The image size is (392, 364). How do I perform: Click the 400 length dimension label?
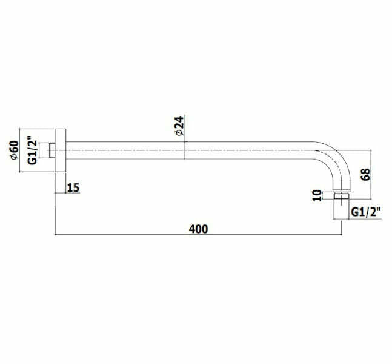click(x=198, y=229)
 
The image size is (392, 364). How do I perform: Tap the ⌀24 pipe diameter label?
click(x=179, y=126)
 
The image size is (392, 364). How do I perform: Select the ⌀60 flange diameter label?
click(x=14, y=150)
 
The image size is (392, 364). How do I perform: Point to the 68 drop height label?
click(x=365, y=175)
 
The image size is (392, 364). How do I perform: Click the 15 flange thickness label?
click(x=73, y=187)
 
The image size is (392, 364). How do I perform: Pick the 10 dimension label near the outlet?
click(x=317, y=195)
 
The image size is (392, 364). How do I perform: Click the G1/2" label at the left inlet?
click(x=33, y=150)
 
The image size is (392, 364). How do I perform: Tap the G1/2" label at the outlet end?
click(x=366, y=212)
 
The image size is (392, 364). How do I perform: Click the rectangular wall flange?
click(x=60, y=150)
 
